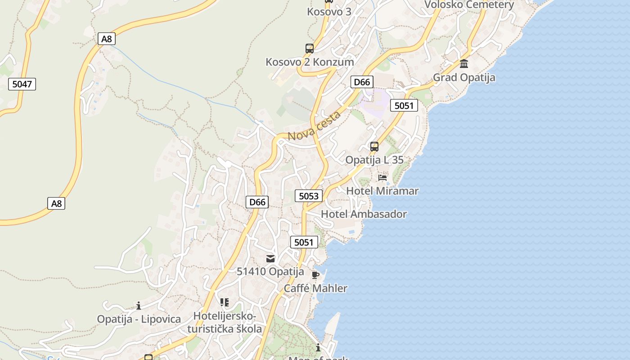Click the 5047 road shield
point(22,84)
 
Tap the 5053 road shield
point(309,196)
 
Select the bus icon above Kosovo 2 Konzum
point(309,49)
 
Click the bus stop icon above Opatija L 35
point(374,146)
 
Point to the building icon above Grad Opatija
point(464,63)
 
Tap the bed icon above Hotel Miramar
point(382,177)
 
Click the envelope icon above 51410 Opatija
point(270,258)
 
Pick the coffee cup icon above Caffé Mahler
point(315,274)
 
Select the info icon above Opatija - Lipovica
point(139,306)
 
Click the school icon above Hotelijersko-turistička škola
point(224,302)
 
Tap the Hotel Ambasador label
point(364,214)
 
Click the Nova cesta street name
point(314,126)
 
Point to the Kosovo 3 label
point(329,12)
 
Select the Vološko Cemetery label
point(469,5)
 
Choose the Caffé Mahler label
point(315,288)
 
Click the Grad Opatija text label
point(464,77)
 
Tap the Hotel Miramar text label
point(382,191)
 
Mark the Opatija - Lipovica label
point(139,319)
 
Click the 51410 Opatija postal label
point(270,272)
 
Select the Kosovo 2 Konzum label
point(310,62)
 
